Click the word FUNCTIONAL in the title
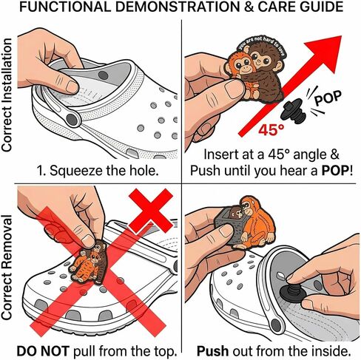65,7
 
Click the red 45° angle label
271,129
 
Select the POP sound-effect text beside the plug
328,98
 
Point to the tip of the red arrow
341,36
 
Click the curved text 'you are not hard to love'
261,45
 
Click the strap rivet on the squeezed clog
72,120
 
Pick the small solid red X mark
151,211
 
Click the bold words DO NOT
42,351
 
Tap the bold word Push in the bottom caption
212,351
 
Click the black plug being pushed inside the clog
293,294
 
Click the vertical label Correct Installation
7,95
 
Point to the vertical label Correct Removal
7,268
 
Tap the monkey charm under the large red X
90,262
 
